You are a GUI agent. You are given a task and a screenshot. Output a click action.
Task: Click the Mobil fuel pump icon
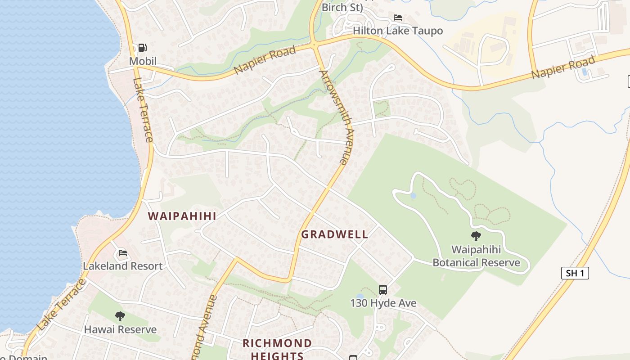142,47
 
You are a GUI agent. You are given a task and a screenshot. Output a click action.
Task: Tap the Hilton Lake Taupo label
398,31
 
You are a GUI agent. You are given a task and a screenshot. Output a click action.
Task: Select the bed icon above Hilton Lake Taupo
398,18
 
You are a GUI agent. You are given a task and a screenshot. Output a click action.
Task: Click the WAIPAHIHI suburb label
182,216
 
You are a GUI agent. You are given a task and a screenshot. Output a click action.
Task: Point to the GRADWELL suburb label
334,234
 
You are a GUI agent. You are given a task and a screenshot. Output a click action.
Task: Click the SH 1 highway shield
575,273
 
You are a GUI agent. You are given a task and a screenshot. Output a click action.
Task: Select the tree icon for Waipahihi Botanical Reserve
476,236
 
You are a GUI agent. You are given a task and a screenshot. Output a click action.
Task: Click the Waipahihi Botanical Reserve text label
476,256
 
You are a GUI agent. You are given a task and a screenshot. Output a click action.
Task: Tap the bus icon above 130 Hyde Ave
383,290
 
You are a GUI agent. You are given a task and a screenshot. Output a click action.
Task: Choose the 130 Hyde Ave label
383,303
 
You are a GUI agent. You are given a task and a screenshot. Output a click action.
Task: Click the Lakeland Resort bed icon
122,253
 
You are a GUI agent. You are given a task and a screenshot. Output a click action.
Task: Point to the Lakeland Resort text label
122,266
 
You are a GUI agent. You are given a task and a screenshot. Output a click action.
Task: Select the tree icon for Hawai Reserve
120,316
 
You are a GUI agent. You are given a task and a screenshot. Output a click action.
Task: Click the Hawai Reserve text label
120,329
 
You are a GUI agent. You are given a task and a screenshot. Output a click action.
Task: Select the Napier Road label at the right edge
563,67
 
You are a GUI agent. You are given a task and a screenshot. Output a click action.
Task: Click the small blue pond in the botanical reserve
413,196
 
